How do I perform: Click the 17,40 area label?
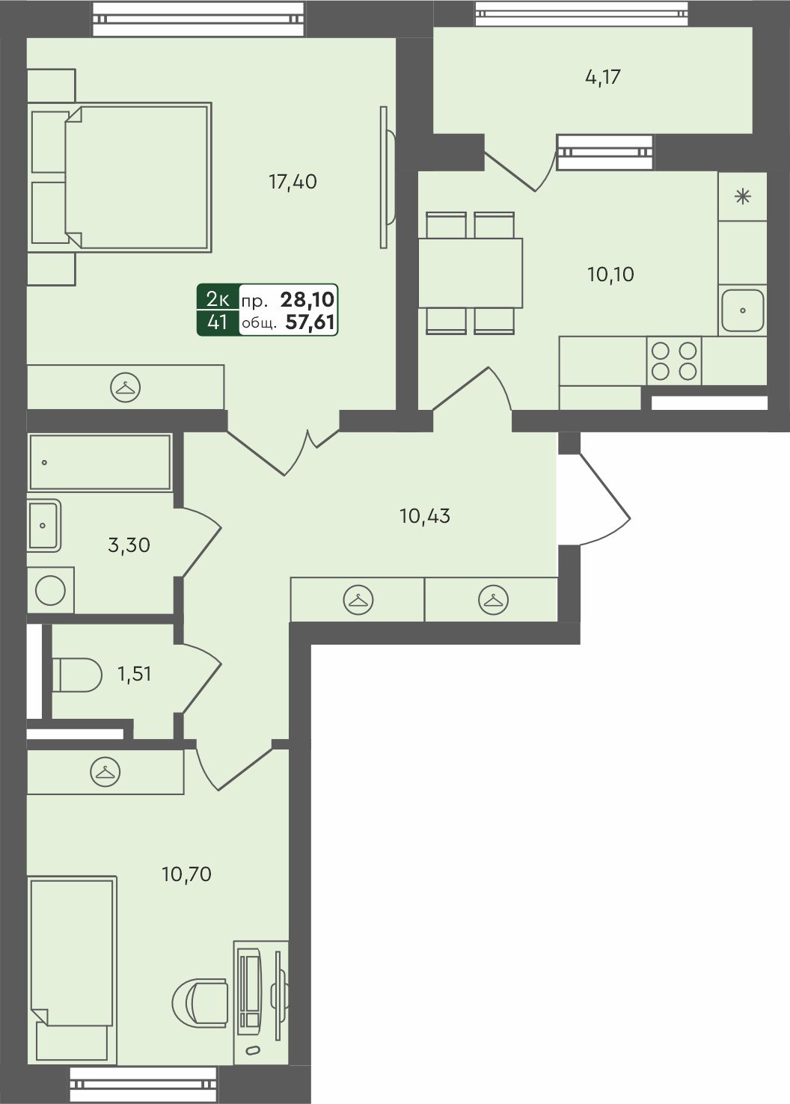(293, 183)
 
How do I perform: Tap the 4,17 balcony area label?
(602, 77)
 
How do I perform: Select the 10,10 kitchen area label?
(610, 275)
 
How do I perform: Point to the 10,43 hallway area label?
(425, 516)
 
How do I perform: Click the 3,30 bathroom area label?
(129, 545)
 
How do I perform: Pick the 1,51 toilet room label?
(134, 674)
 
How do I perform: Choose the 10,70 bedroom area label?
(186, 874)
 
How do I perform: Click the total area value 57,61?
(310, 323)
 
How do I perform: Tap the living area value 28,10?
(307, 299)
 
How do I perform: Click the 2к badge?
(218, 298)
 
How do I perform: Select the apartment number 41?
(218, 322)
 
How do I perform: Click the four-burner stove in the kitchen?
(674, 361)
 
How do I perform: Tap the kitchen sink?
(743, 310)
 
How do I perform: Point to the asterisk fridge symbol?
(743, 197)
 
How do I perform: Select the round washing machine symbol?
(51, 590)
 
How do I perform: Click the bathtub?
(100, 462)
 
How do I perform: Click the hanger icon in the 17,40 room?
(125, 387)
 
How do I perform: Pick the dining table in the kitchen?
(471, 273)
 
